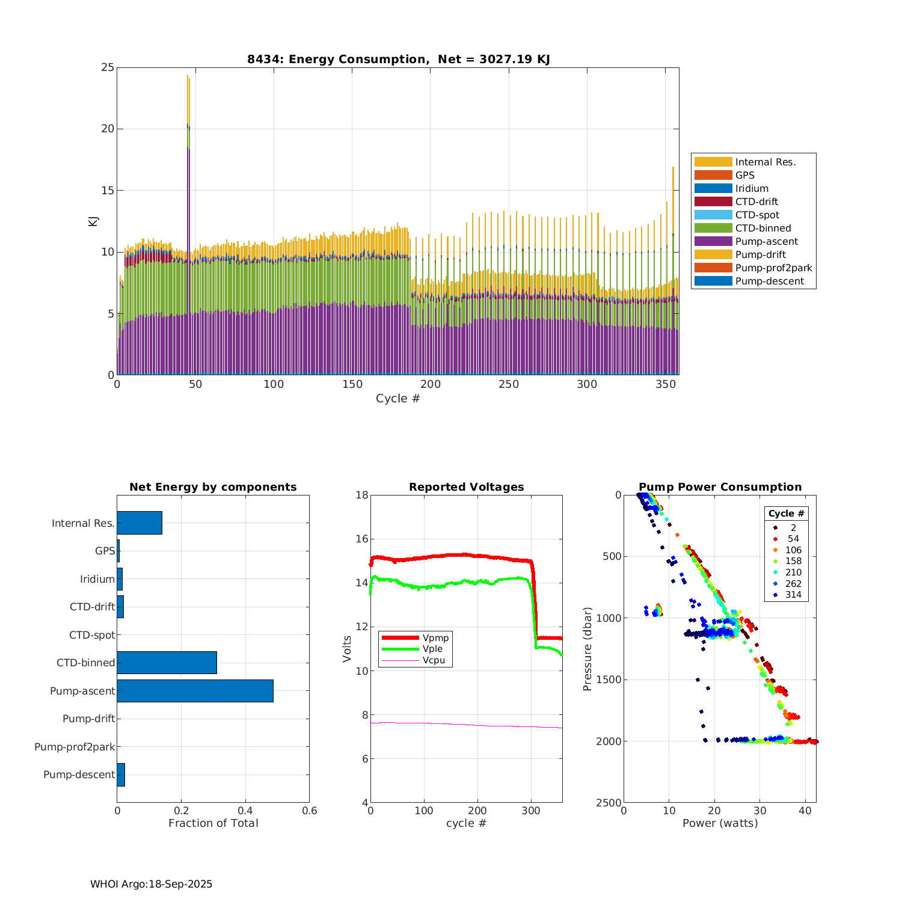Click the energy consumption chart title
[x=398, y=59]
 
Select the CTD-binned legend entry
[x=762, y=228]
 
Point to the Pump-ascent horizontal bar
[x=195, y=691]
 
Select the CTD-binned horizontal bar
[x=167, y=663]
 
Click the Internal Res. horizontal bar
[x=140, y=523]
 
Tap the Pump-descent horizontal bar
[x=121, y=775]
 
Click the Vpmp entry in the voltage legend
[x=435, y=637]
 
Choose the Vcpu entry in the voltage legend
[x=434, y=660]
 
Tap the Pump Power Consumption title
[x=720, y=487]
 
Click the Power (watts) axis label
[x=720, y=823]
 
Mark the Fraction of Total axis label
[x=213, y=823]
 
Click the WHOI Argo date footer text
[x=151, y=884]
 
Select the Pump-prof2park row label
[x=75, y=747]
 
